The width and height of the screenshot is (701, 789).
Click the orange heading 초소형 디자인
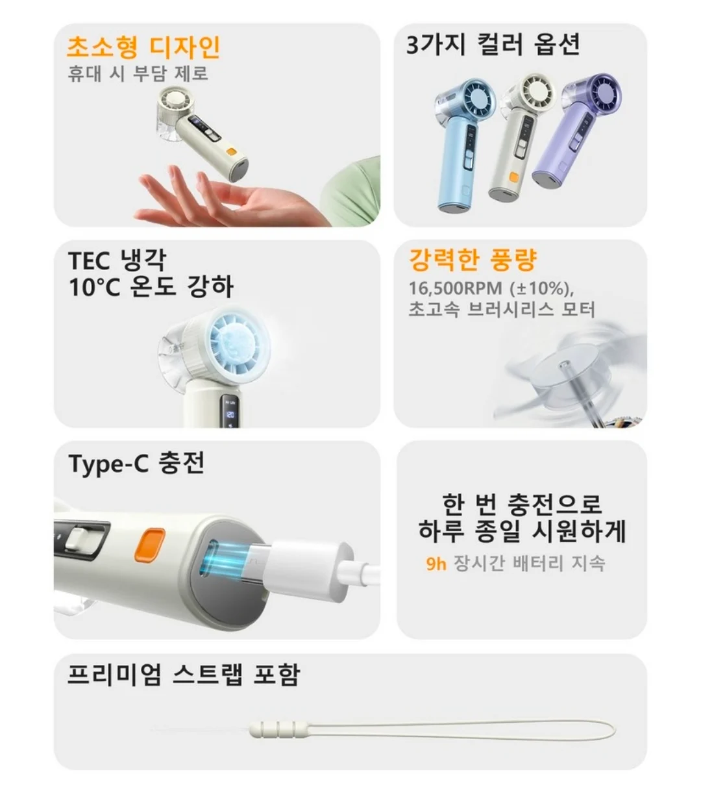click(143, 47)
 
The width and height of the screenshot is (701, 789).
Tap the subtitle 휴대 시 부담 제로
click(138, 73)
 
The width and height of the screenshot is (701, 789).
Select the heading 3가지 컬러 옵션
click(493, 44)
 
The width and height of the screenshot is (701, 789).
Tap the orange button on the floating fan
click(231, 152)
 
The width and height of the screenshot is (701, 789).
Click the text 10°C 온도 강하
click(151, 287)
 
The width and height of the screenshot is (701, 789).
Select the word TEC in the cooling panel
click(89, 261)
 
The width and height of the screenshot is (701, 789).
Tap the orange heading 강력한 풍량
click(473, 260)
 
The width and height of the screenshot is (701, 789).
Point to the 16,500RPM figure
click(456, 288)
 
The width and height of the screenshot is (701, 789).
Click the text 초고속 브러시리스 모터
click(502, 310)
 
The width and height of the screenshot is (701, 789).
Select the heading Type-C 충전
click(136, 464)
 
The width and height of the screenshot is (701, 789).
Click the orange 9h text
click(436, 564)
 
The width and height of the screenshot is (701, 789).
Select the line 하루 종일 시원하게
click(522, 531)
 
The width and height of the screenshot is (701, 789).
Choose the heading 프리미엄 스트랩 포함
click(184, 675)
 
